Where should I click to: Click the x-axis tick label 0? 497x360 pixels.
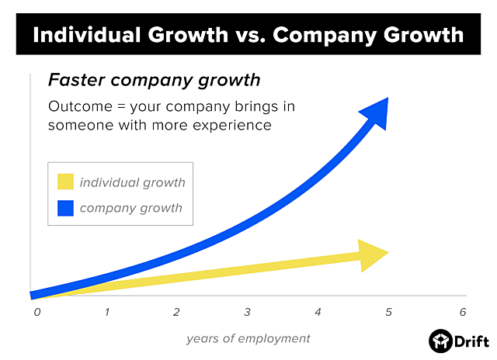click(36, 312)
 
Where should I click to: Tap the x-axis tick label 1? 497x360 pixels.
click(107, 312)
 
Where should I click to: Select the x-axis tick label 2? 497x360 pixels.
click(177, 312)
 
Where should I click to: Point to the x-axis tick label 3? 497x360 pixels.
click(247, 312)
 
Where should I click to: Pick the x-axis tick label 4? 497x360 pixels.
click(318, 312)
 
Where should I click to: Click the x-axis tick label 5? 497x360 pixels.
click(388, 312)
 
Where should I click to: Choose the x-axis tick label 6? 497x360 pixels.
click(462, 312)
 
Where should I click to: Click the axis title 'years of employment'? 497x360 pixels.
click(248, 338)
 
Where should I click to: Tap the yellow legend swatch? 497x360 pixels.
click(65, 182)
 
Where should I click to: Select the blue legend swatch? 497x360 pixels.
click(65, 207)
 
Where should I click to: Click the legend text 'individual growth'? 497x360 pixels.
click(132, 182)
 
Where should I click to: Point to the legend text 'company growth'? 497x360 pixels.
click(130, 207)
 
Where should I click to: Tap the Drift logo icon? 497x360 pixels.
click(440, 341)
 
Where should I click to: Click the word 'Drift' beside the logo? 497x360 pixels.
click(471, 341)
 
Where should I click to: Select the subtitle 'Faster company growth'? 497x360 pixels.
click(154, 80)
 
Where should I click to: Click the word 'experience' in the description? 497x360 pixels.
click(233, 124)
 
